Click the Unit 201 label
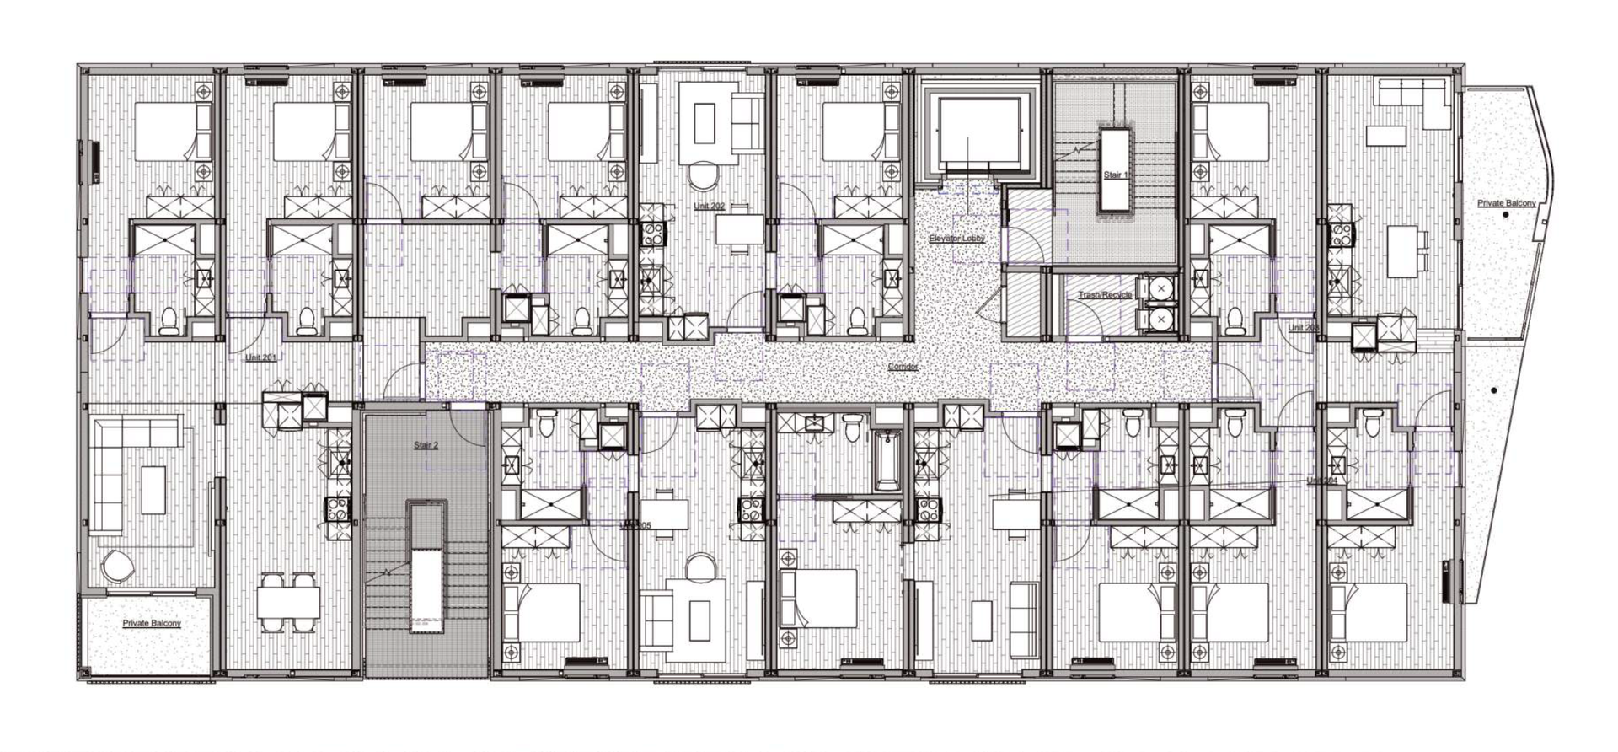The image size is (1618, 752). coord(260,357)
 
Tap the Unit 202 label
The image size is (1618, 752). coord(709,206)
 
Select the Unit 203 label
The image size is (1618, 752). coord(1303,327)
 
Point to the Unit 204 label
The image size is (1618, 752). coord(1321,481)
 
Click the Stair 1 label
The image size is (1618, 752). coord(1115,175)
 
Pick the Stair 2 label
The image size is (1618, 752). coord(426,445)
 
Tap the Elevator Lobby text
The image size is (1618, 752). coord(956,239)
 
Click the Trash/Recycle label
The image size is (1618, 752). coord(1105,295)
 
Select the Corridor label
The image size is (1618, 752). coord(903,367)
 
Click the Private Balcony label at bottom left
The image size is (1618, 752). coord(152,623)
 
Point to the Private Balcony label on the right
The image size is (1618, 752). coord(1506,203)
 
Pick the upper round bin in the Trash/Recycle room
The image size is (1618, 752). coord(1160,289)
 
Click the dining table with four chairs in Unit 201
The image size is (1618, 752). coord(287,602)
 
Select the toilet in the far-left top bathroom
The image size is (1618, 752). coord(169,319)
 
